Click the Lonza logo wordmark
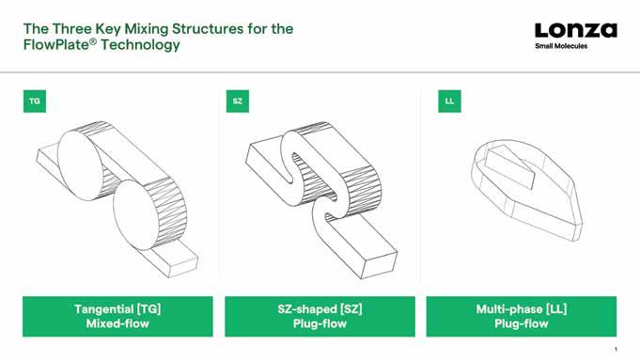(576, 30)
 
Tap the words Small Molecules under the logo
(561, 46)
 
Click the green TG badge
(35, 102)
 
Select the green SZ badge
(238, 102)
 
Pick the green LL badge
(449, 102)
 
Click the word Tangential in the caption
(104, 309)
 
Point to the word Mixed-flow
(117, 323)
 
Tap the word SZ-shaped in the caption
(307, 309)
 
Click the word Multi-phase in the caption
(509, 309)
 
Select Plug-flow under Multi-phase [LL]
(522, 323)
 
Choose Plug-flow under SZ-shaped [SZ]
(320, 323)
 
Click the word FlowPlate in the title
(57, 44)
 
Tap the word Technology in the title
(140, 44)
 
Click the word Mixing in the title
(146, 29)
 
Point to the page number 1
(616, 349)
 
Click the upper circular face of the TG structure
(80, 164)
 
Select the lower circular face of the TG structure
(135, 215)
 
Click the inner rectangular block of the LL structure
(509, 167)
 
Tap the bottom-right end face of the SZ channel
(379, 265)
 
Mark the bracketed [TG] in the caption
(148, 309)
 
